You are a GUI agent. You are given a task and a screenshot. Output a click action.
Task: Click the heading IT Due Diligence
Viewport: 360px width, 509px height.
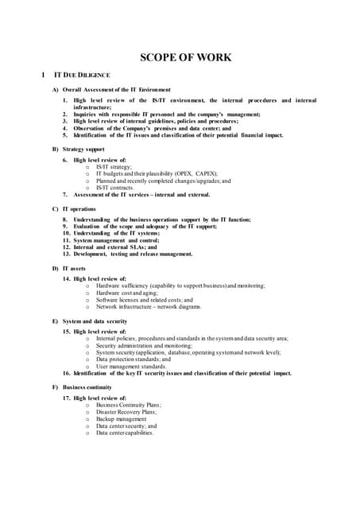[x=80, y=75]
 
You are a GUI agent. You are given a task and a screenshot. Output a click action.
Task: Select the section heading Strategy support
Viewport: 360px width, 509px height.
[x=83, y=150]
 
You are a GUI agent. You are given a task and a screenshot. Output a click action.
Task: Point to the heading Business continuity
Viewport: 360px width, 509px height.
[x=87, y=387]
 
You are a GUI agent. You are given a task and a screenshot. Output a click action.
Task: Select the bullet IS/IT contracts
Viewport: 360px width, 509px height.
[x=116, y=188]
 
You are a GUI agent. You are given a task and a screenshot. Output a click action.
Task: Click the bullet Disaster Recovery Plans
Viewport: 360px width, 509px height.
[x=126, y=411]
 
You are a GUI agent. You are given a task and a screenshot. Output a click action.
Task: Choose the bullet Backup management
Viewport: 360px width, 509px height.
[x=121, y=418]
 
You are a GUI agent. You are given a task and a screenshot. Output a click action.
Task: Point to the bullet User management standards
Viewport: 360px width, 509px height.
[x=130, y=366]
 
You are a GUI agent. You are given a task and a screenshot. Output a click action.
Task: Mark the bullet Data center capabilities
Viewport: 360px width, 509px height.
[x=125, y=433]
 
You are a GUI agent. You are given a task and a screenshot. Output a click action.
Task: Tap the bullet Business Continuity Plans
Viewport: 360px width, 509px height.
[x=128, y=404]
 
